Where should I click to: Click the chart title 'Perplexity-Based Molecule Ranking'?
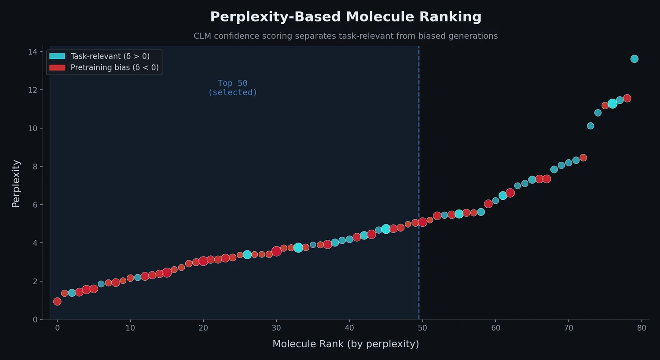pos(345,17)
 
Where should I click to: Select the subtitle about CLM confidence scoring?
pos(345,36)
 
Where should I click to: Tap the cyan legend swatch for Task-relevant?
pos(57,56)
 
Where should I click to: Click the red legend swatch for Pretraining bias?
pos(57,67)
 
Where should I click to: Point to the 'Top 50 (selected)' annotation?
pos(232,88)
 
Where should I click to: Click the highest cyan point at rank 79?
pos(634,59)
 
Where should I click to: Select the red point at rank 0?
pos(57,301)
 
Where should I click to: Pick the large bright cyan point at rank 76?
pos(612,103)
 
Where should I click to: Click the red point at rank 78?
pos(627,98)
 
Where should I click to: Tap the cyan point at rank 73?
pos(590,126)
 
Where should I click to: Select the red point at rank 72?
pos(583,158)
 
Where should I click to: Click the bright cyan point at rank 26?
pos(247,254)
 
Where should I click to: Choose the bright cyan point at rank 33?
pos(298,248)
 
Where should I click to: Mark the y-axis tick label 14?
pos(33,52)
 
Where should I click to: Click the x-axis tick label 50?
pos(422,328)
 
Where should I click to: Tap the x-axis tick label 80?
pos(642,328)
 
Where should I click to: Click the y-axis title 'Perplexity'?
pos(16,183)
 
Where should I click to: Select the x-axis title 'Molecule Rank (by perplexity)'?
pos(345,344)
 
